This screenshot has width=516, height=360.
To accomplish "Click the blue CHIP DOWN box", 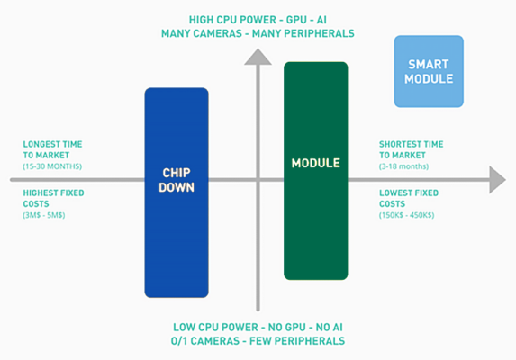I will [177, 234].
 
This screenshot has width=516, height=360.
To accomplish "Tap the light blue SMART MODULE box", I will [429, 71].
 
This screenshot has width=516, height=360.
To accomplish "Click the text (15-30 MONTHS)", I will [51, 166].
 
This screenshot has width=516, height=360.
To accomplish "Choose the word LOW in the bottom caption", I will [186, 326].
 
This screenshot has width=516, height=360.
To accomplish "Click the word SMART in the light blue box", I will [429, 64].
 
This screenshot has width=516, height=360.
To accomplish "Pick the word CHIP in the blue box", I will [177, 171].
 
